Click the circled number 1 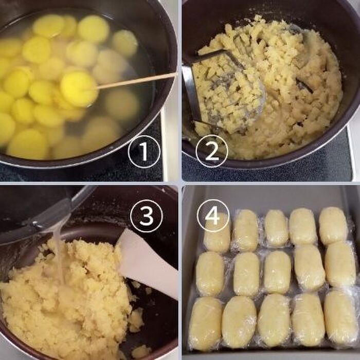pyautogui.click(x=144, y=152)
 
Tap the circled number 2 pyautogui.click(x=212, y=151)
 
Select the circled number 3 pyautogui.click(x=146, y=216)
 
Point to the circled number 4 pyautogui.click(x=213, y=215)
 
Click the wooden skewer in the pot pyautogui.click(x=135, y=81)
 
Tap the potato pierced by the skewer pyautogui.click(x=79, y=89)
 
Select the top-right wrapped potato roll pyautogui.click(x=333, y=226)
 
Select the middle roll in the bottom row pyautogui.click(x=274, y=320)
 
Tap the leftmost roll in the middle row pyautogui.click(x=210, y=274)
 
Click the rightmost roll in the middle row pyautogui.click(x=340, y=264)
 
